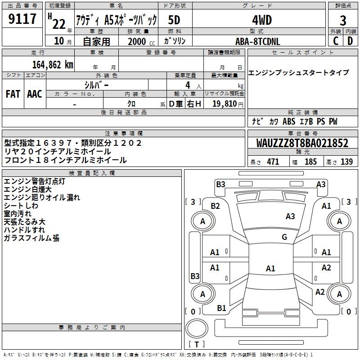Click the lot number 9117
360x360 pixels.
[x=22, y=19]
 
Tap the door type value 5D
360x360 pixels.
[x=175, y=20]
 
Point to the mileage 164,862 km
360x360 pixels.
[x=53, y=64]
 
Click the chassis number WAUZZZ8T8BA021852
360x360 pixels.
[x=302, y=144]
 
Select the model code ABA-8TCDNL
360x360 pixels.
[x=257, y=41]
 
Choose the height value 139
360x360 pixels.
[x=346, y=162]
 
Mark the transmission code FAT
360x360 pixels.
[x=13, y=94]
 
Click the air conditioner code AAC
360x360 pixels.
[x=34, y=94]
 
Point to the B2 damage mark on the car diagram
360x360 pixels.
[x=215, y=206]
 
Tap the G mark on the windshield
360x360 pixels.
[x=284, y=237]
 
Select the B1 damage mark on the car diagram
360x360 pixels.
[x=221, y=308]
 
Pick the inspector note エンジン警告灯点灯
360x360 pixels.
[x=34, y=181]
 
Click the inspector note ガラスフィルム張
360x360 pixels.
[x=31, y=238]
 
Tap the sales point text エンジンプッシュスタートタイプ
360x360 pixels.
[x=298, y=72]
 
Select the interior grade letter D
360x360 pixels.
[x=350, y=41]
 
